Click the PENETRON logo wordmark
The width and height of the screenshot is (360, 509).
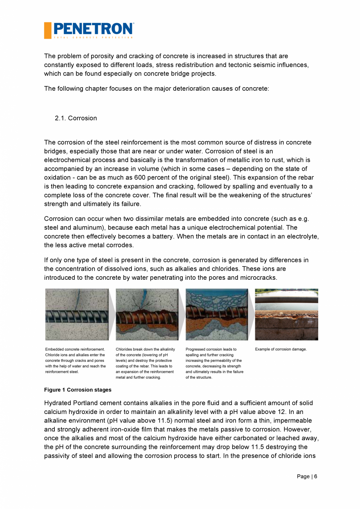(93, 29)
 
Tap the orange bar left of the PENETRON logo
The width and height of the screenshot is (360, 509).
(47, 30)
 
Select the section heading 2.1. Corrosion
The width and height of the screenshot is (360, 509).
(76, 118)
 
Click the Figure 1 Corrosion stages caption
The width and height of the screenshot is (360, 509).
(77, 390)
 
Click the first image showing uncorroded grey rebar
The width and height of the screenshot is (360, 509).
(77, 315)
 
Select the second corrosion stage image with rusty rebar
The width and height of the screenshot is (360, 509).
(147, 315)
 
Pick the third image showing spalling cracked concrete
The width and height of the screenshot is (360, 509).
(217, 315)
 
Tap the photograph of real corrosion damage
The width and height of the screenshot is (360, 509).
(286, 315)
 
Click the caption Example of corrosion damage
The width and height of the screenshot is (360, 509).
(281, 349)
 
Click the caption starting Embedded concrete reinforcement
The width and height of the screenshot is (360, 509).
(76, 360)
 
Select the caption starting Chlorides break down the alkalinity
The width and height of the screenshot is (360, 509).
(145, 363)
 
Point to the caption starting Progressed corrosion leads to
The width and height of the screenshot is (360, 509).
(214, 363)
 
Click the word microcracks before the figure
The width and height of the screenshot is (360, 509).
(259, 278)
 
